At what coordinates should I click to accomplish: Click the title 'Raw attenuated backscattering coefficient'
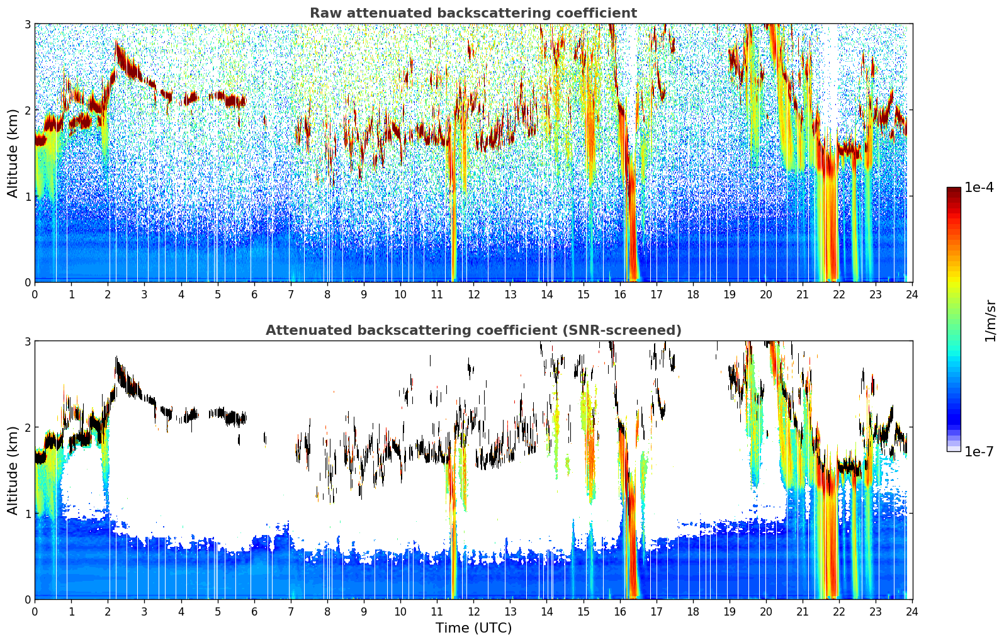tap(473, 13)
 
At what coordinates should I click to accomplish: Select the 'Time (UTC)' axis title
tap(473, 628)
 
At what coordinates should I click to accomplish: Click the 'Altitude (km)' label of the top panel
tap(13, 154)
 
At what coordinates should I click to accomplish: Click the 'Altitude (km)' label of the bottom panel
tap(13, 470)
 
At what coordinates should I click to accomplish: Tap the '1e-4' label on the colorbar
tap(979, 188)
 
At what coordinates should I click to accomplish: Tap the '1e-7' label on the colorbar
tap(979, 451)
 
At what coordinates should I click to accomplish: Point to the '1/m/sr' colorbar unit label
tap(991, 321)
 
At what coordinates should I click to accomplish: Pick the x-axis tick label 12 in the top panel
tap(474, 295)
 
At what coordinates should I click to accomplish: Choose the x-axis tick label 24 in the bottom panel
tap(912, 612)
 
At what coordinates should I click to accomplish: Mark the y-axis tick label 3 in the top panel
tap(27, 24)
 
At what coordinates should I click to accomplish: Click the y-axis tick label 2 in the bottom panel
tap(27, 427)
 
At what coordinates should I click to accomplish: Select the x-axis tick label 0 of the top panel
tap(35, 295)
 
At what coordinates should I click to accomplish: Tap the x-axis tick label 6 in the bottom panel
tap(254, 612)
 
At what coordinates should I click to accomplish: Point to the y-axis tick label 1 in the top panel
tap(27, 196)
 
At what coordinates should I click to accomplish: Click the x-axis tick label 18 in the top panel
tap(693, 295)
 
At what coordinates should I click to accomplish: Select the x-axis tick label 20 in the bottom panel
tap(766, 612)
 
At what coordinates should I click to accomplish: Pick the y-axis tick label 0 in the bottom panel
tap(27, 599)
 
